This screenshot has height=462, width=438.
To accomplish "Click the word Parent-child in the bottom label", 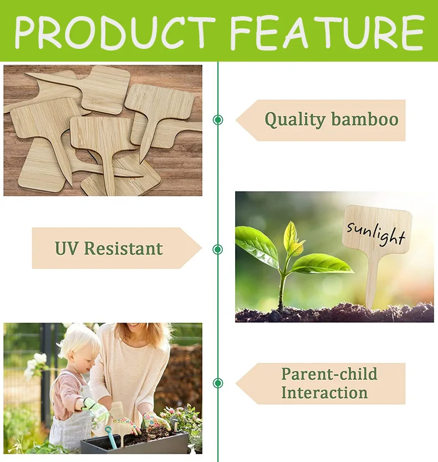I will tap(329, 374).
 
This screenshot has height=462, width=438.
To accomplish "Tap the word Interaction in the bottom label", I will tap(324, 393).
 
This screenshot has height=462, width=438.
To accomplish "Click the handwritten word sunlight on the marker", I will tap(376, 233).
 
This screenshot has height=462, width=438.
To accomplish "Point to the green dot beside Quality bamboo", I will tap(218, 119).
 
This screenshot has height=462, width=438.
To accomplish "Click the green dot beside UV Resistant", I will tap(218, 249).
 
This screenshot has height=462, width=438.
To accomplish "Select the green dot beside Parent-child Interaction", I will tap(218, 383).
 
